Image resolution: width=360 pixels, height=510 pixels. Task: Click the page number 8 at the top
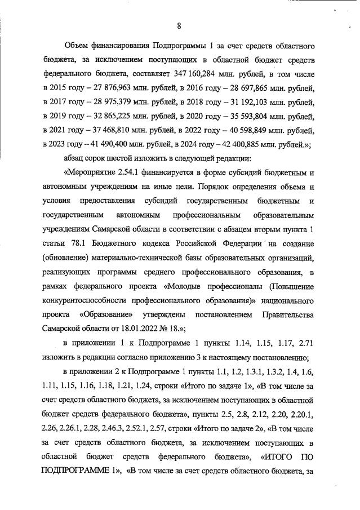[178, 25]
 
